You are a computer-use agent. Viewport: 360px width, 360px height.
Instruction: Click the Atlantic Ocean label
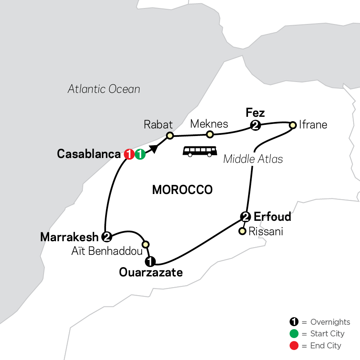[x=104, y=89]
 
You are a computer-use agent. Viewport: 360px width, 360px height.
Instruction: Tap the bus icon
[x=200, y=151]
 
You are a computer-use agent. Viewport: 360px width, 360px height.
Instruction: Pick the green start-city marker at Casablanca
[x=140, y=154]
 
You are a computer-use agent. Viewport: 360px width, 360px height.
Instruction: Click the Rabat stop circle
[x=170, y=136]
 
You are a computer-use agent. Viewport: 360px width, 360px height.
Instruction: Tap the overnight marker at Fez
[x=255, y=126]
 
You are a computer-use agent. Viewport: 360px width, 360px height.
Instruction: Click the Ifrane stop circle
[x=293, y=124]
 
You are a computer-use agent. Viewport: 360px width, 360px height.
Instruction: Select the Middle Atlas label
[x=253, y=159]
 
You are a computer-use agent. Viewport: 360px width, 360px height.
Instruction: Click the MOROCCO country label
[x=182, y=190]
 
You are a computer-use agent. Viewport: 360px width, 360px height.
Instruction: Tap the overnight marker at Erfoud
[x=246, y=217]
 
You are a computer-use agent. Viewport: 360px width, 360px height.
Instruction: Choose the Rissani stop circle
[x=242, y=231]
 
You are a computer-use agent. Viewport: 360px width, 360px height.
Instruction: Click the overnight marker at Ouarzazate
[x=150, y=262]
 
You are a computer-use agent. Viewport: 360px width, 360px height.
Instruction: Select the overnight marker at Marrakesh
[x=107, y=237]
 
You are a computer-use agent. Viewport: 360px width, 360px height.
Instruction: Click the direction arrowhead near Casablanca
[x=154, y=148]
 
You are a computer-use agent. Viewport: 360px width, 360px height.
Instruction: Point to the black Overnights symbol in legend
[x=294, y=322]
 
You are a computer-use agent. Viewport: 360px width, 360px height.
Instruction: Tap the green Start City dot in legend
[x=294, y=334]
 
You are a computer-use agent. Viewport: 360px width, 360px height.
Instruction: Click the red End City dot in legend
[x=294, y=345]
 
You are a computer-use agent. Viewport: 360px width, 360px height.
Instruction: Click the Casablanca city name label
[x=89, y=154]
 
